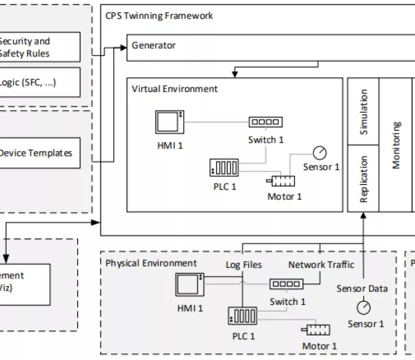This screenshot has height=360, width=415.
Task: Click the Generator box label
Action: tap(154, 46)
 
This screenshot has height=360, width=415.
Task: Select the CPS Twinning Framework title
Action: tap(159, 16)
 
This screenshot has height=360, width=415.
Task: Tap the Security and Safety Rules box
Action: tap(26, 47)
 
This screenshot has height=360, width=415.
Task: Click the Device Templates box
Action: tap(36, 154)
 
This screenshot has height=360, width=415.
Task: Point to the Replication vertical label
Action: tap(364, 179)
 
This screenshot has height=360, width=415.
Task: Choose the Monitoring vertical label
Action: tap(396, 144)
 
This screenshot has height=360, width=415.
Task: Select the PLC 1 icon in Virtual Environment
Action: tap(224, 167)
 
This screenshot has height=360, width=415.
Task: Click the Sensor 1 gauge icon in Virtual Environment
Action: tap(319, 152)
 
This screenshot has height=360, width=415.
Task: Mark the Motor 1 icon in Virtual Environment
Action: tap(281, 181)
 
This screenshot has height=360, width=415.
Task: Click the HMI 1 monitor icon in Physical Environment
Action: tap(190, 285)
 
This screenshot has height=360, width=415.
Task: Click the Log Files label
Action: tap(244, 265)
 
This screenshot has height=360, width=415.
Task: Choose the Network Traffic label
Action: tap(321, 265)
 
